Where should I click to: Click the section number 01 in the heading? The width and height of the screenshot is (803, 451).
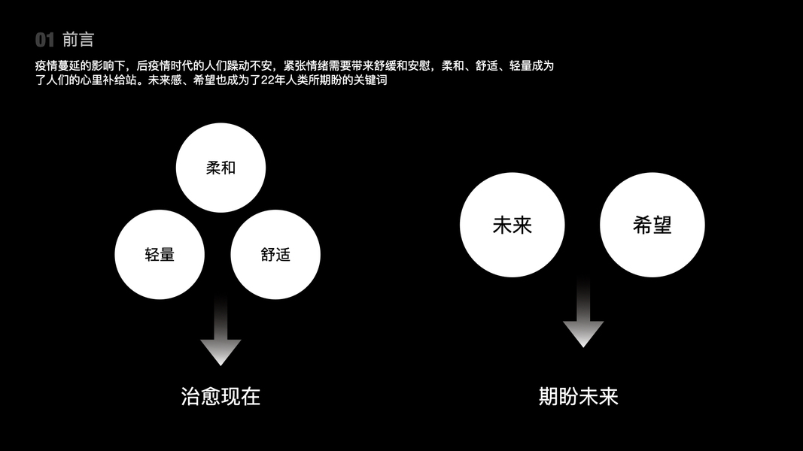45,41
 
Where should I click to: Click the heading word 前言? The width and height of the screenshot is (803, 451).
79,41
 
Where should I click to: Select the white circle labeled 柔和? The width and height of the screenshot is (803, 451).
221,168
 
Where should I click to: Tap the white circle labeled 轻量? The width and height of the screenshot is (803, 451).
160,254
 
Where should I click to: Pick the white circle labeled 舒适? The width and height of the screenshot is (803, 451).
275,254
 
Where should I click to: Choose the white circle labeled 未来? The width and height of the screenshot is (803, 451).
512,225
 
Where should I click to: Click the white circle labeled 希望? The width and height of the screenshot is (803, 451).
652,225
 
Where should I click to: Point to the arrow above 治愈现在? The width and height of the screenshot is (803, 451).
221,331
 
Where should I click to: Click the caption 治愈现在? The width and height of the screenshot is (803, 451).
221,396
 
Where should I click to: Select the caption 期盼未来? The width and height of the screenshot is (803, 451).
578,396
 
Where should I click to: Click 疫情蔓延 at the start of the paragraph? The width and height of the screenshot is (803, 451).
57,66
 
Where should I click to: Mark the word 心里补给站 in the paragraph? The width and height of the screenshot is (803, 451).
114,80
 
